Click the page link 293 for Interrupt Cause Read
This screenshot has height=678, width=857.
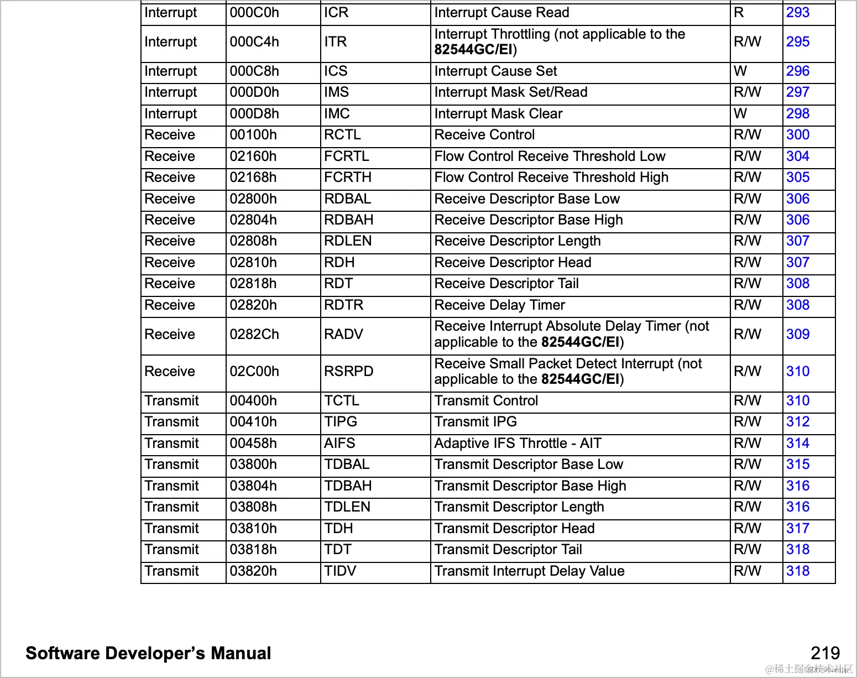tap(797, 13)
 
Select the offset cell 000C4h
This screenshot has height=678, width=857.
tap(254, 42)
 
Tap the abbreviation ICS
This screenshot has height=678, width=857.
tap(336, 71)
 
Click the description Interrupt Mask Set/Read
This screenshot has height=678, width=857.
tap(510, 92)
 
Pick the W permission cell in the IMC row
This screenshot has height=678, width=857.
tap(740, 114)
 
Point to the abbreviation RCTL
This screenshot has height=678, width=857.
tap(342, 135)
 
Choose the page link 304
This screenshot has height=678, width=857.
tap(797, 157)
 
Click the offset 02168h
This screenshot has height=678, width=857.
tap(253, 178)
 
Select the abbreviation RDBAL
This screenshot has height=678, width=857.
tap(347, 199)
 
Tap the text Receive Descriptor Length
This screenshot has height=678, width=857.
tap(517, 241)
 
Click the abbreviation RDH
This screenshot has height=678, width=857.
tap(339, 263)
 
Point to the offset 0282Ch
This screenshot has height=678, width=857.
tap(254, 335)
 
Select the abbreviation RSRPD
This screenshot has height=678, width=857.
tap(348, 372)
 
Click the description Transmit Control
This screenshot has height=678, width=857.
tap(486, 401)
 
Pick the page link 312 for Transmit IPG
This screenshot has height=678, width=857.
tap(797, 422)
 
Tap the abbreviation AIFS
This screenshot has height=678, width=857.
tap(339, 444)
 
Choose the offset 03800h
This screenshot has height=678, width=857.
tap(253, 465)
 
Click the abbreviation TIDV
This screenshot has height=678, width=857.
tap(340, 571)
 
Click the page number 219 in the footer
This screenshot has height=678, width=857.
tap(825, 653)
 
